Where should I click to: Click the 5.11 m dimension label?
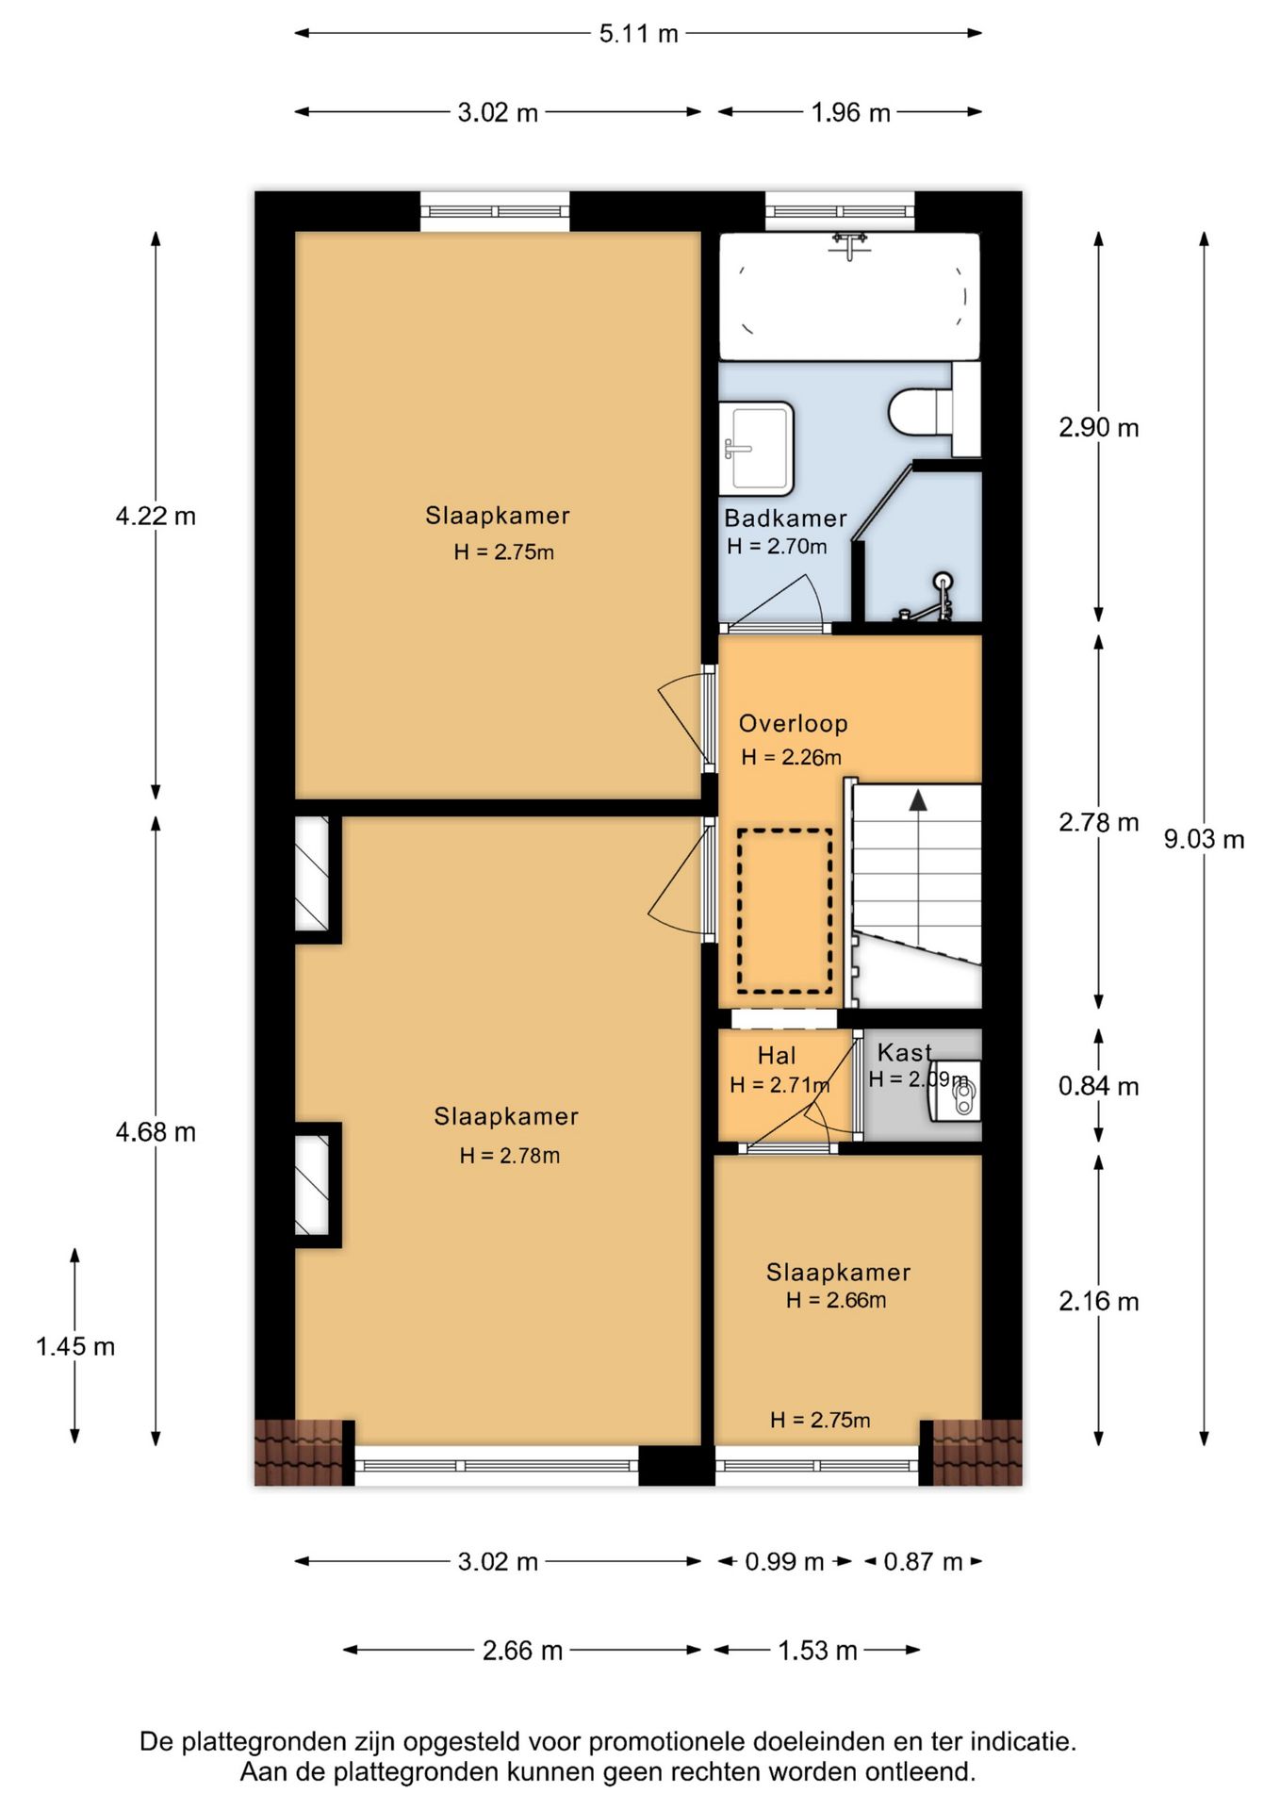pos(638,34)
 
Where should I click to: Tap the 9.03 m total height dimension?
pos(1204,839)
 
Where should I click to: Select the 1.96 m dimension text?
pos(850,113)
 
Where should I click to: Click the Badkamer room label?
pos(785,518)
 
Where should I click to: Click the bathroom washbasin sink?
pos(756,448)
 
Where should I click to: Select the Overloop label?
pos(793,724)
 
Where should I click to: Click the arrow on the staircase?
pos(917,801)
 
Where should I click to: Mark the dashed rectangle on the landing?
pos(784,911)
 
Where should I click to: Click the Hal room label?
pos(777,1056)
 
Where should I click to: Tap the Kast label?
pos(904,1052)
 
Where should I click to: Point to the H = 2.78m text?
pos(510,1156)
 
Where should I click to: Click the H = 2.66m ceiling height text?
pos(836,1301)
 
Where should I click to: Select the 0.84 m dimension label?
pos(1098,1086)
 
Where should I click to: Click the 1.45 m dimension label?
pos(75,1346)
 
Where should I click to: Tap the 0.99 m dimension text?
pos(784,1562)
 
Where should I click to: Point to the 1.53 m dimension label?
pos(817,1651)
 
